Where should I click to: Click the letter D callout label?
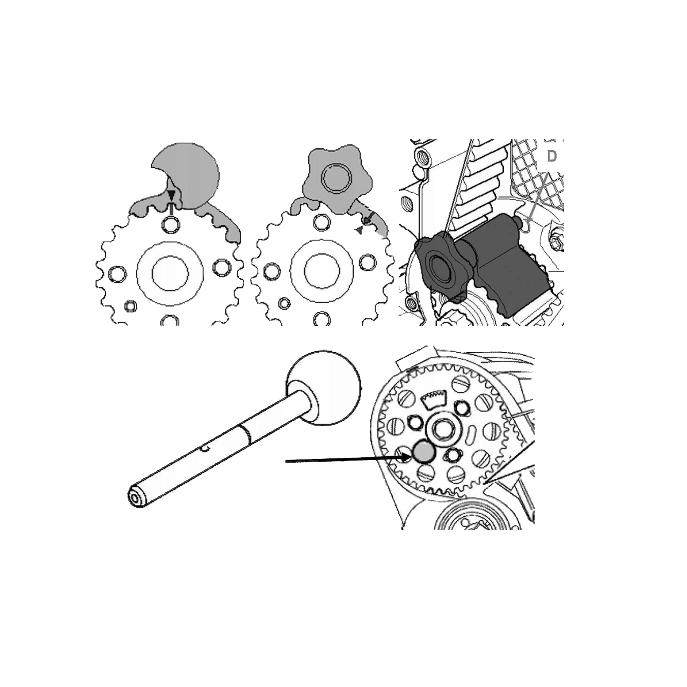tap(552, 157)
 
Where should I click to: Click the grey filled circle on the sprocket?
tap(424, 452)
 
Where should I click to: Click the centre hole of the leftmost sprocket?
tap(170, 273)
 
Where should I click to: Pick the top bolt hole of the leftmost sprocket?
tap(171, 224)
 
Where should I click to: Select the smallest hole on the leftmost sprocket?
tap(130, 305)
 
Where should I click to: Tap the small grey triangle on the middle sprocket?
tap(360, 231)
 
